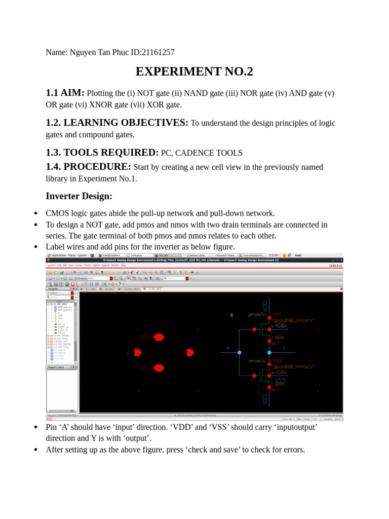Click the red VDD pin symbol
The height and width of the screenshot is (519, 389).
coord(159,337)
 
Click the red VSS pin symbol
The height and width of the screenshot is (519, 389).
coord(159,368)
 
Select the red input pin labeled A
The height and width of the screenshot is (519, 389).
coord(138,352)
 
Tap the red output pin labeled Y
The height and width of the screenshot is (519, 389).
coord(190,352)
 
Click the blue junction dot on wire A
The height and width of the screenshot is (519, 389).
coord(240,352)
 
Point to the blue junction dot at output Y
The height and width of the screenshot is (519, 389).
coord(269,352)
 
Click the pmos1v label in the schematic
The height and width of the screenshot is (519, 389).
coord(257,315)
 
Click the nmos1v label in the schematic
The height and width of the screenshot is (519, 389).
coord(257,361)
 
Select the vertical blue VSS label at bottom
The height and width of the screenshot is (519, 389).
coord(265,399)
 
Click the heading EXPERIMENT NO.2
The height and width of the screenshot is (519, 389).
coord(194,72)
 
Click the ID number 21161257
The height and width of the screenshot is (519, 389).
coord(160,52)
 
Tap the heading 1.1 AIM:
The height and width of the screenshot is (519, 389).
coord(65,93)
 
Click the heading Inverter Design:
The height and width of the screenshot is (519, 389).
coord(79,196)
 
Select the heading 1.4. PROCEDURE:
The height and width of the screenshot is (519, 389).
coord(88,167)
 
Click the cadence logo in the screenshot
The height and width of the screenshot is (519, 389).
coord(336,265)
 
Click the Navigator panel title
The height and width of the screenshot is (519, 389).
coord(54,288)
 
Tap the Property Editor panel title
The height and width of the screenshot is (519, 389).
coord(56,367)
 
